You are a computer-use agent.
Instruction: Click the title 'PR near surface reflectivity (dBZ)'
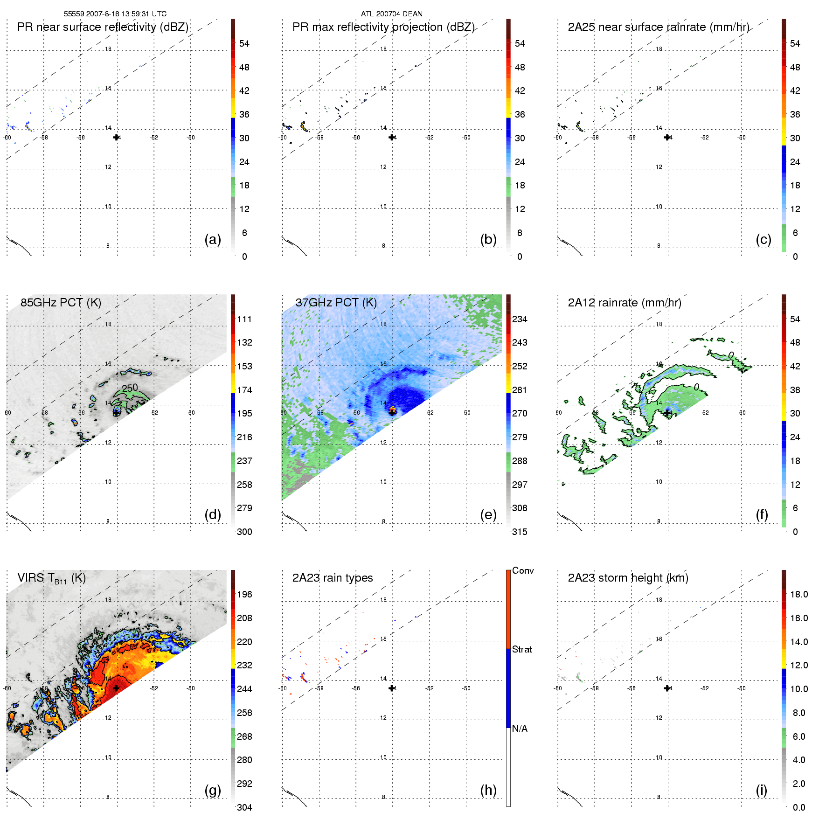click(x=103, y=27)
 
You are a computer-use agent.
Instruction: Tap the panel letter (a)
click(x=213, y=240)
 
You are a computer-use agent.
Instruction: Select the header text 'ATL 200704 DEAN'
click(x=392, y=14)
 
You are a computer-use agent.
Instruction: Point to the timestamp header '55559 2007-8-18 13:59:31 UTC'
click(x=115, y=14)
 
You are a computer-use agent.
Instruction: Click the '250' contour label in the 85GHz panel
click(x=130, y=388)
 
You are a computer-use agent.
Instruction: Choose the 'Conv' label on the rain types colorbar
click(x=523, y=571)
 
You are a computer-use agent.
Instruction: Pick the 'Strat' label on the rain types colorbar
click(x=522, y=650)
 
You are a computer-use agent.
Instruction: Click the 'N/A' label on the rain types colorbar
click(x=520, y=729)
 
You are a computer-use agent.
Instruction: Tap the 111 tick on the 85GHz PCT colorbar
click(x=244, y=319)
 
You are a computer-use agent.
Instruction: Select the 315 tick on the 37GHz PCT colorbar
click(x=520, y=532)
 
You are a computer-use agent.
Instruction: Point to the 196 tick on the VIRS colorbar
click(x=244, y=595)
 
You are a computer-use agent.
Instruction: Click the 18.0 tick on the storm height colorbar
click(x=799, y=595)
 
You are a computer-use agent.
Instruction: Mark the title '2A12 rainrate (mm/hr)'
click(x=625, y=303)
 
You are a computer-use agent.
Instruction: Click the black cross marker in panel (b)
click(x=392, y=137)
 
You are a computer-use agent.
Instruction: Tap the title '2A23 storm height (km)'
click(x=628, y=578)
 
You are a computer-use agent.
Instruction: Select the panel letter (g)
click(x=213, y=791)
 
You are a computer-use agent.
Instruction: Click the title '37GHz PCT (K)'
click(x=336, y=303)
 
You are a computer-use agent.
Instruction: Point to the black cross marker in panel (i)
click(x=667, y=688)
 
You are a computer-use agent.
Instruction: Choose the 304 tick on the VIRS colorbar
click(x=244, y=807)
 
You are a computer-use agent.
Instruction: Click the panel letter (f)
click(x=762, y=515)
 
